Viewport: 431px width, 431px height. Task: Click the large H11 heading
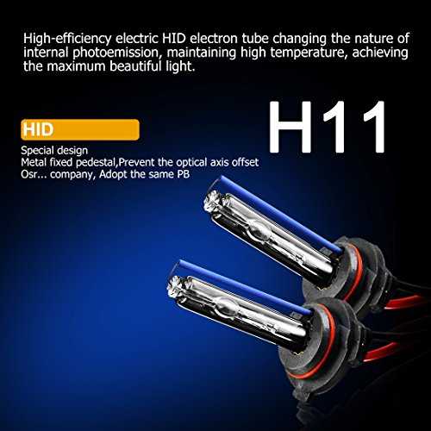pos(328,128)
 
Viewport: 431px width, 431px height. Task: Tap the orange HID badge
pos(80,129)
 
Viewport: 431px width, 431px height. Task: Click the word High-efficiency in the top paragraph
pos(67,39)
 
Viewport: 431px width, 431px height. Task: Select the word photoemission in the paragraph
pos(116,53)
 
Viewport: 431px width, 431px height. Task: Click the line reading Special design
pos(54,151)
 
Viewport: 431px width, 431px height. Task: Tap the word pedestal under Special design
pos(96,163)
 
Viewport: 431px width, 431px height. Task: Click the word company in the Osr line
pos(72,175)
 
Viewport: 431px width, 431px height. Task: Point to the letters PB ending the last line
pos(183,174)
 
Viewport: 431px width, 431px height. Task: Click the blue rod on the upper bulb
pos(281,215)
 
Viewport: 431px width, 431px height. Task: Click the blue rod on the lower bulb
pos(245,287)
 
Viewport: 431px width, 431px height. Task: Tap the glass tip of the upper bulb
pos(210,200)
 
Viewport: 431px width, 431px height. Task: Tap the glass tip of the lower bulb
pos(174,286)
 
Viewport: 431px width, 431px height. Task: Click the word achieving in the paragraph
pos(380,53)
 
